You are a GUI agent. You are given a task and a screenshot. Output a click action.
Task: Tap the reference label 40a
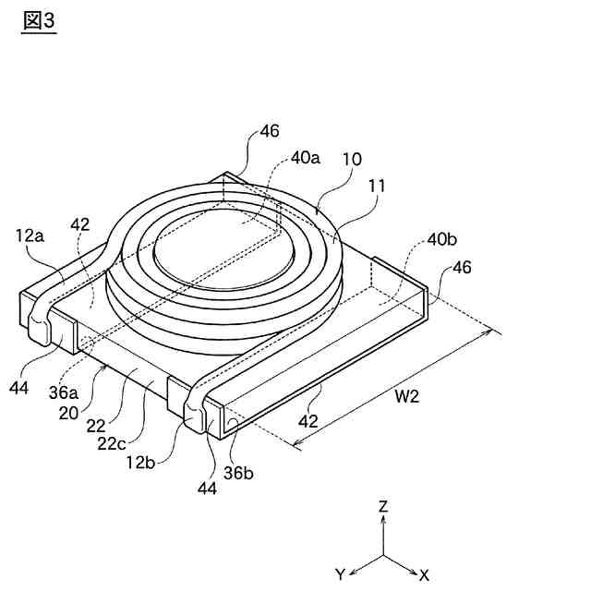305,157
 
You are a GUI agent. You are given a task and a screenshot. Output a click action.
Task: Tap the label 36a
62,392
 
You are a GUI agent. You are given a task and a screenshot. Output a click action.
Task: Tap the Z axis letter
383,506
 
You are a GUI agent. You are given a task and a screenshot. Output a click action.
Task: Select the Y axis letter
341,574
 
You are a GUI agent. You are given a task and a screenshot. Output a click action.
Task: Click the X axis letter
424,574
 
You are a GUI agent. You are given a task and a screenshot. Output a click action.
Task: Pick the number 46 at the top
269,130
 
